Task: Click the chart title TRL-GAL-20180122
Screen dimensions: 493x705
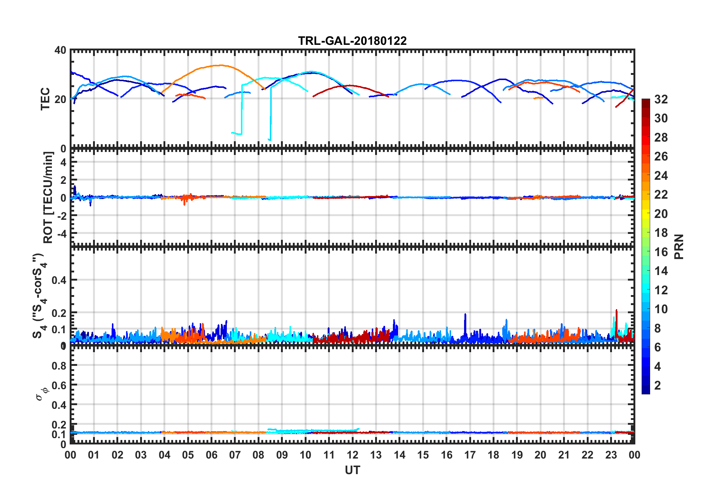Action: pyautogui.click(x=352, y=41)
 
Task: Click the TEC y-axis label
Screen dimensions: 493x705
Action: pyautogui.click(x=45, y=99)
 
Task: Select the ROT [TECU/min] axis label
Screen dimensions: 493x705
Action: pyautogui.click(x=48, y=197)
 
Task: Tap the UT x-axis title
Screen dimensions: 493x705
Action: pyautogui.click(x=352, y=470)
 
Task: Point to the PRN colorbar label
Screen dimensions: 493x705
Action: pyautogui.click(x=679, y=246)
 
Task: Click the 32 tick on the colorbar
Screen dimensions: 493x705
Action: pyautogui.click(x=661, y=99)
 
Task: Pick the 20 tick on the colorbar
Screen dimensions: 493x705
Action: pyautogui.click(x=661, y=214)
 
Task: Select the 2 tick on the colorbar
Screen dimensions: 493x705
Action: pyautogui.click(x=658, y=386)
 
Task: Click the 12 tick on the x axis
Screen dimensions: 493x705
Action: pyautogui.click(x=352, y=455)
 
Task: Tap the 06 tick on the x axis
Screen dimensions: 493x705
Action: pyautogui.click(x=211, y=455)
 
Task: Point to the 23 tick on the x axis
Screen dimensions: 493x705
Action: pyautogui.click(x=611, y=455)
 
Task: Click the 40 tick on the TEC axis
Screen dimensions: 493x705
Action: pyautogui.click(x=60, y=50)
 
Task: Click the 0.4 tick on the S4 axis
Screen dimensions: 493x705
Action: pyautogui.click(x=59, y=280)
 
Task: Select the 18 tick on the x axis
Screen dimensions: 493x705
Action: pyautogui.click(x=493, y=455)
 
